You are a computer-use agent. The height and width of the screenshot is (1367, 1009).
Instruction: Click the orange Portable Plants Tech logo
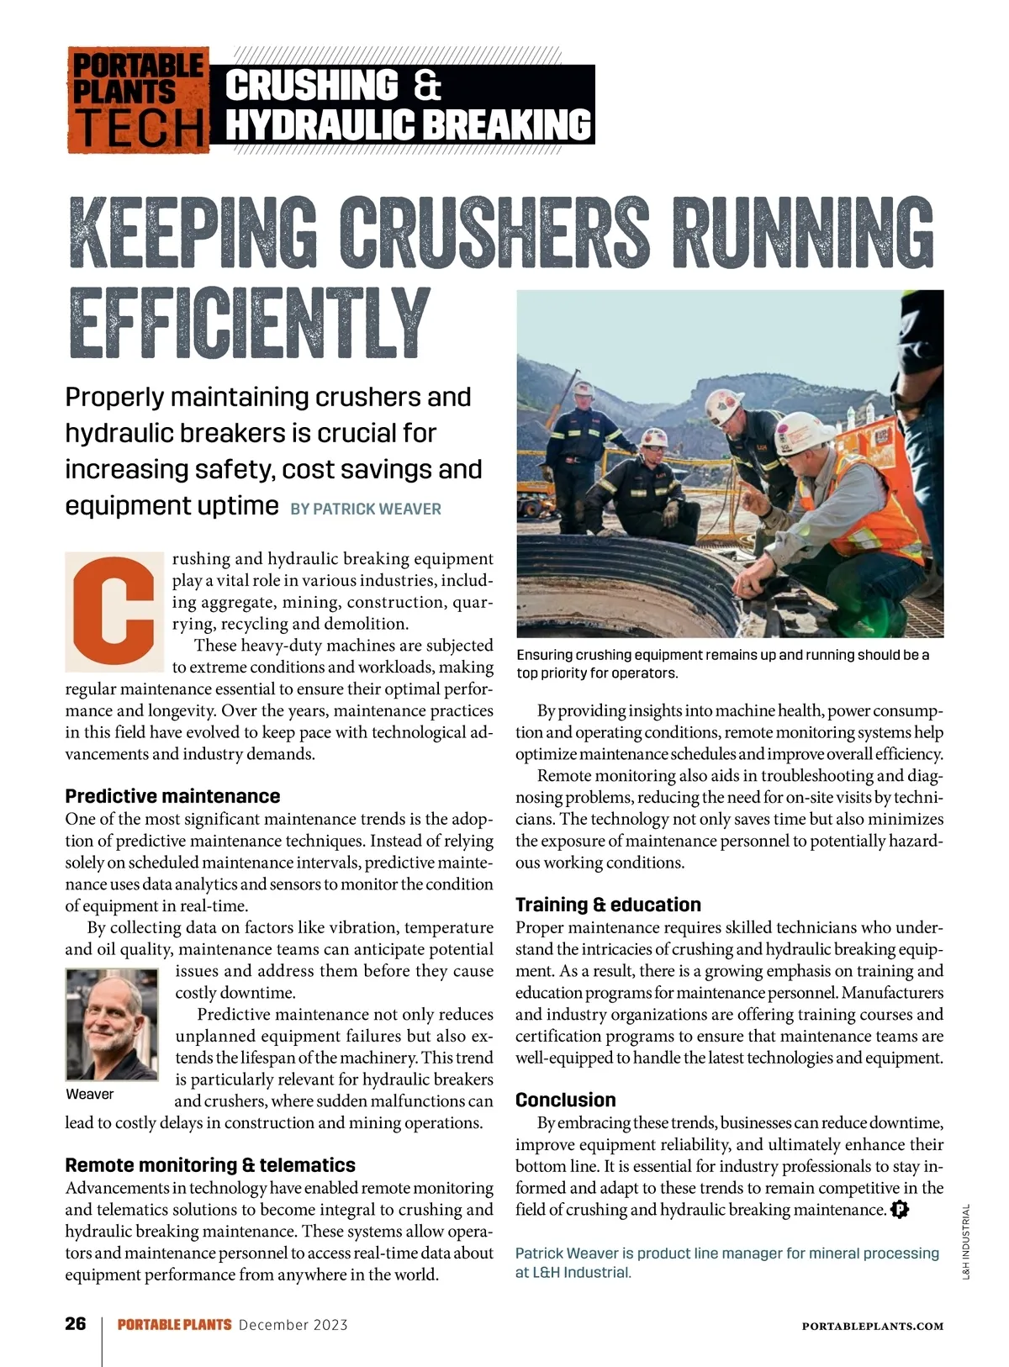point(138,100)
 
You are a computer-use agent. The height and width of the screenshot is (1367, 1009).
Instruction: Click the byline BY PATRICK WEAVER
point(365,509)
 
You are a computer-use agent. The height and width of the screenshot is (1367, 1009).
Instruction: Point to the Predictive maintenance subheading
point(172,796)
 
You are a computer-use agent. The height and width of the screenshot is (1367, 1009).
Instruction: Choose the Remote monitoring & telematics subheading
point(210,1165)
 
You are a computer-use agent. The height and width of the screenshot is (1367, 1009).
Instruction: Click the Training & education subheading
point(608,905)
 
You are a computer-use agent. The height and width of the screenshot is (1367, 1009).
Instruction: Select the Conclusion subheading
point(565,1100)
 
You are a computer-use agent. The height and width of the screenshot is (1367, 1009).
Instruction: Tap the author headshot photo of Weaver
point(112,1024)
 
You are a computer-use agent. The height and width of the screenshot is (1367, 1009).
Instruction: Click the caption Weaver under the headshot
point(89,1094)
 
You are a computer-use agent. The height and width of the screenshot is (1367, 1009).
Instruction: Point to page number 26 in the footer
point(76,1324)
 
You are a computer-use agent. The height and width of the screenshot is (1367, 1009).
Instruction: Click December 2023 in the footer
point(293,1325)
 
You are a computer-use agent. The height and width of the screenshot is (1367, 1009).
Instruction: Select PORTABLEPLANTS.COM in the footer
point(872,1326)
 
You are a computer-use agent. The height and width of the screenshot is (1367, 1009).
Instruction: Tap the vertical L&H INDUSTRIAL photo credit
point(966,1242)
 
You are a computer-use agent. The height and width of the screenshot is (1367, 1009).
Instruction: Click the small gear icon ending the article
point(900,1210)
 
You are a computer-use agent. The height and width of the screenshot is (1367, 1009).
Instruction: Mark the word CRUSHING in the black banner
point(312,86)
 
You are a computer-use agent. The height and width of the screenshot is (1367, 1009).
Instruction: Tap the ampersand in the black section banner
point(426,86)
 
